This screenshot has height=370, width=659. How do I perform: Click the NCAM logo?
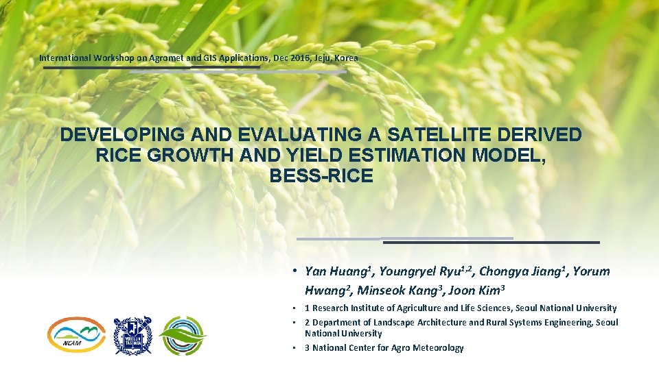76,335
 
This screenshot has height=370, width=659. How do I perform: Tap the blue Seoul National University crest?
132,335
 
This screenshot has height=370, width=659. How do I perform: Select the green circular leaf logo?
182,335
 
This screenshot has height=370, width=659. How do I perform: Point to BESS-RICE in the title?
321,176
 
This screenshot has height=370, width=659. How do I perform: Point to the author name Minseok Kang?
397,290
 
